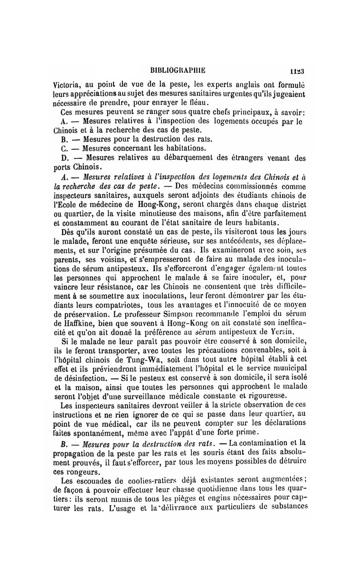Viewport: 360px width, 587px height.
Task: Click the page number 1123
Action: (297, 71)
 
